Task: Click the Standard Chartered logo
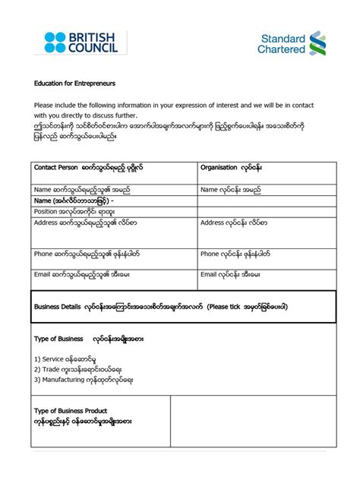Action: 293,43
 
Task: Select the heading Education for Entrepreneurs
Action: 74,83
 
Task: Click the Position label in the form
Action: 73,212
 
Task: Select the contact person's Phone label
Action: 87,254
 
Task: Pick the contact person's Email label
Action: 82,274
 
